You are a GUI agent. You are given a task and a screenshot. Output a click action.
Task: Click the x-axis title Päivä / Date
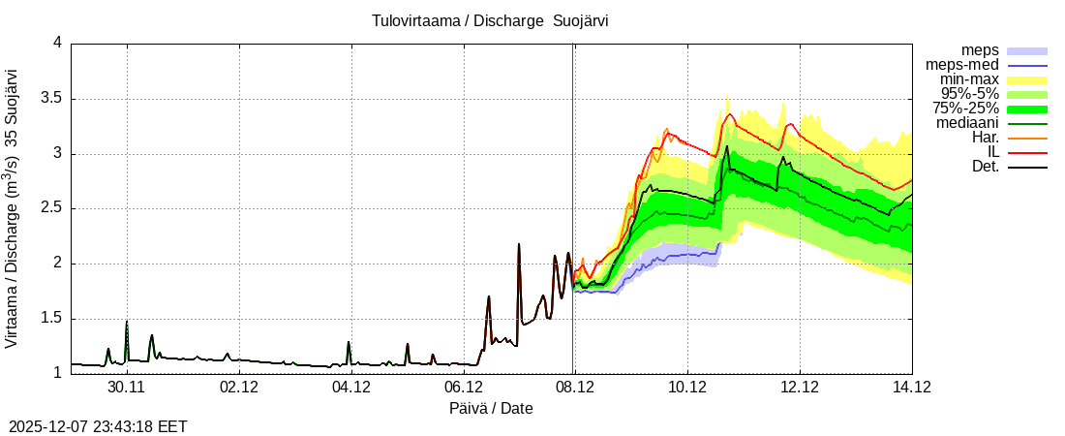click(x=491, y=409)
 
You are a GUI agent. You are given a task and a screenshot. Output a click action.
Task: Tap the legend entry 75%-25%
click(x=965, y=109)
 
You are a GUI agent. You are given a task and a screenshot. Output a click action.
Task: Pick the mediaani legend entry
click(x=967, y=123)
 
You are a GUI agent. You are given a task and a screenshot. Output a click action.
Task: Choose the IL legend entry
click(x=992, y=152)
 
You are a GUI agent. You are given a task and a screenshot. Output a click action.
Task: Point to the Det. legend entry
click(x=985, y=167)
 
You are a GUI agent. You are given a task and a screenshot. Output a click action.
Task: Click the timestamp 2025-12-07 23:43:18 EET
click(x=98, y=426)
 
